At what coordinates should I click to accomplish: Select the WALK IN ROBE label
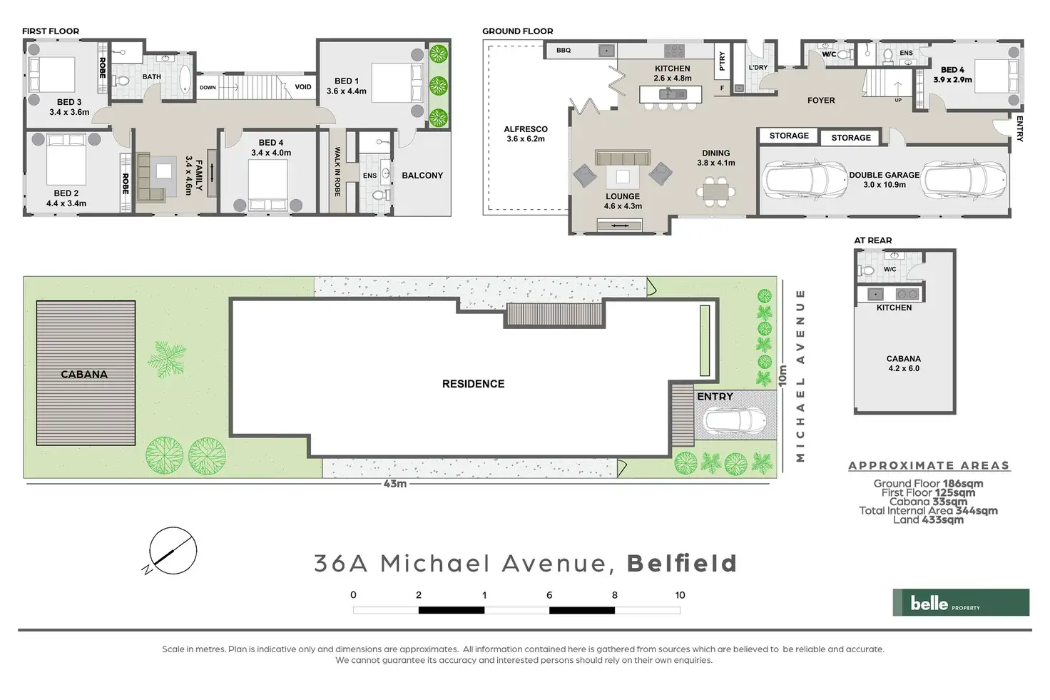pyautogui.click(x=337, y=172)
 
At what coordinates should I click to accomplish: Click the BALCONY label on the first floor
pyautogui.click(x=422, y=175)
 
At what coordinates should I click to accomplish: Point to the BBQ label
pyautogui.click(x=564, y=51)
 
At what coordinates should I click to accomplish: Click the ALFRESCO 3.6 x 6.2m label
pyautogui.click(x=526, y=134)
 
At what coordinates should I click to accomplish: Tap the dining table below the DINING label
pyautogui.click(x=715, y=192)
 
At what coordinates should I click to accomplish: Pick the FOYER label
pyautogui.click(x=821, y=101)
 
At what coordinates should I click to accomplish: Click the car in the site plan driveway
pyautogui.click(x=735, y=424)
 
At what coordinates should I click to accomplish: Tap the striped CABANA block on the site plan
pyautogui.click(x=86, y=372)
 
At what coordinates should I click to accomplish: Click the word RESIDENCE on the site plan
pyautogui.click(x=473, y=384)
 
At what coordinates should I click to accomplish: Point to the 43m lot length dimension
pyautogui.click(x=395, y=484)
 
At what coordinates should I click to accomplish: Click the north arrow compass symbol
pyautogui.click(x=173, y=552)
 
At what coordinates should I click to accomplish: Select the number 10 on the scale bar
pyautogui.click(x=680, y=595)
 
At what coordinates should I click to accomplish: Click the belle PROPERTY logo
pyautogui.click(x=960, y=603)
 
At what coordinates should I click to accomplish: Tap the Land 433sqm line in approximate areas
pyautogui.click(x=928, y=519)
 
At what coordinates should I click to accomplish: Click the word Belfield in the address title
pyautogui.click(x=681, y=563)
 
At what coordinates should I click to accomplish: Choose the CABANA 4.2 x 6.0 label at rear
pyautogui.click(x=903, y=363)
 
